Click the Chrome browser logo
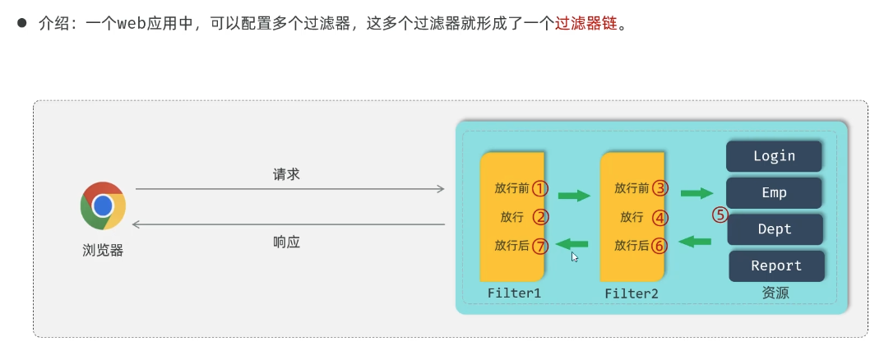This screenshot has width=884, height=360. [103, 205]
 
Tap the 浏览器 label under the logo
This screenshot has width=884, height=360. [103, 251]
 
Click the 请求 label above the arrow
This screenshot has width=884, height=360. [287, 175]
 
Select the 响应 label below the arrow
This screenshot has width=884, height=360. [287, 242]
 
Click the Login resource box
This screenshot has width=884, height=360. [774, 155]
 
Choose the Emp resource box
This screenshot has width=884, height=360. [774, 192]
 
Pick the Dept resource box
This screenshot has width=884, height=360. [775, 229]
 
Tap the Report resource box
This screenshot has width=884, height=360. [776, 265]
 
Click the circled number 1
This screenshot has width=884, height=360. [539, 188]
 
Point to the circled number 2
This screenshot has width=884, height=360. [540, 217]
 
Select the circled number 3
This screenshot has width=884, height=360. [660, 188]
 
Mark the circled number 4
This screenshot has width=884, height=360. [660, 218]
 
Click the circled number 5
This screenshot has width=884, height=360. [720, 215]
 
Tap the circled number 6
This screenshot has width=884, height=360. [660, 245]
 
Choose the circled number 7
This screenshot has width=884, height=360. [540, 245]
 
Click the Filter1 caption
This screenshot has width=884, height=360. [514, 293]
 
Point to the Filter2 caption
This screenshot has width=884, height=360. [632, 293]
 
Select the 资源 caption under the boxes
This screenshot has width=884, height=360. [775, 292]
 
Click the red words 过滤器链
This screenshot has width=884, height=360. [585, 24]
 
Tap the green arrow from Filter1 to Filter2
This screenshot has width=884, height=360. [574, 196]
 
